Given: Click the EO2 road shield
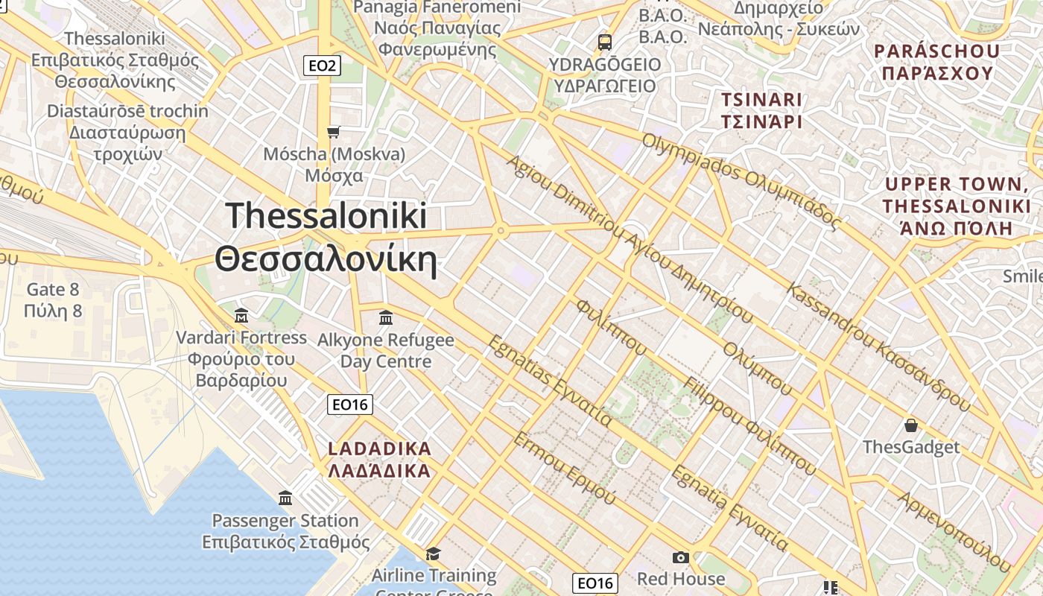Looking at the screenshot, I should [323, 66].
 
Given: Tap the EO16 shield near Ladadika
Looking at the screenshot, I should [350, 405].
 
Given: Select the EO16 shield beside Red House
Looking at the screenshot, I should [595, 583].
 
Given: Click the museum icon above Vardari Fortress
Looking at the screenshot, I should [241, 315].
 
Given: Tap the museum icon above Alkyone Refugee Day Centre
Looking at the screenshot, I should [386, 318].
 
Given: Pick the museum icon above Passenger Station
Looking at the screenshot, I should [285, 498].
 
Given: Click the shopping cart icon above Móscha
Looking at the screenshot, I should [334, 132].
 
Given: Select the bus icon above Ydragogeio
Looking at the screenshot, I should [605, 42].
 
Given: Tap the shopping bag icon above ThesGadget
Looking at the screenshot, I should [910, 425].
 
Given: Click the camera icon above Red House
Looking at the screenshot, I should [680, 557].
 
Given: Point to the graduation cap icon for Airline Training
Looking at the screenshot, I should [433, 554].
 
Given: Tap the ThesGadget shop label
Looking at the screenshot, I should [911, 447].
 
